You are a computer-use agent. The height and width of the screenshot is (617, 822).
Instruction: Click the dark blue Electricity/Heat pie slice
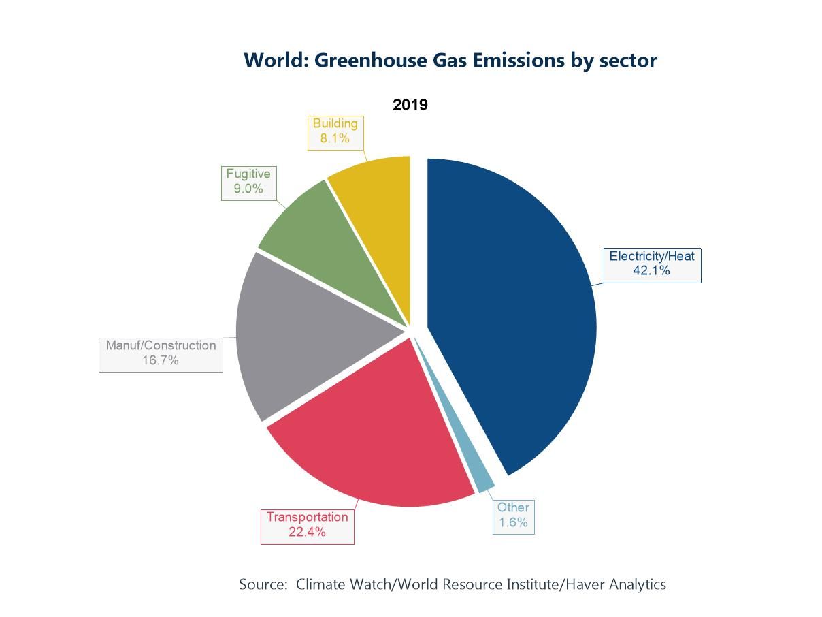pos(517,313)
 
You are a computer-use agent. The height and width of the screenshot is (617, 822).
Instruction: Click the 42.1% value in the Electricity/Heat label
pos(651,271)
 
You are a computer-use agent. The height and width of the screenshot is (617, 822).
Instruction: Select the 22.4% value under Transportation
pos(307,532)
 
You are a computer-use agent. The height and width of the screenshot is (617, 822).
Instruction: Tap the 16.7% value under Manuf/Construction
pos(161,360)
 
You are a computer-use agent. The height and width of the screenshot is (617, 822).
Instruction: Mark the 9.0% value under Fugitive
pos(248,189)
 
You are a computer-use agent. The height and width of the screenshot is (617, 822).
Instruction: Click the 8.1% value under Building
pos(335,138)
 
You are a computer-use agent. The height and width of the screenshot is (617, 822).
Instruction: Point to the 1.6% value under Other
pos(513,522)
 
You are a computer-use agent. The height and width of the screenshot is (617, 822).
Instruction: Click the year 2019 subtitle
pos(410,105)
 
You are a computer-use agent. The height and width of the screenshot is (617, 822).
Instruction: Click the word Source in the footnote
pos(262,584)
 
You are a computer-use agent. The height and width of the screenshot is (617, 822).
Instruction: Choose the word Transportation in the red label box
pos(307,517)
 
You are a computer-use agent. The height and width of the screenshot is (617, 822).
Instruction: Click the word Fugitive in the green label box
pos(248,174)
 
